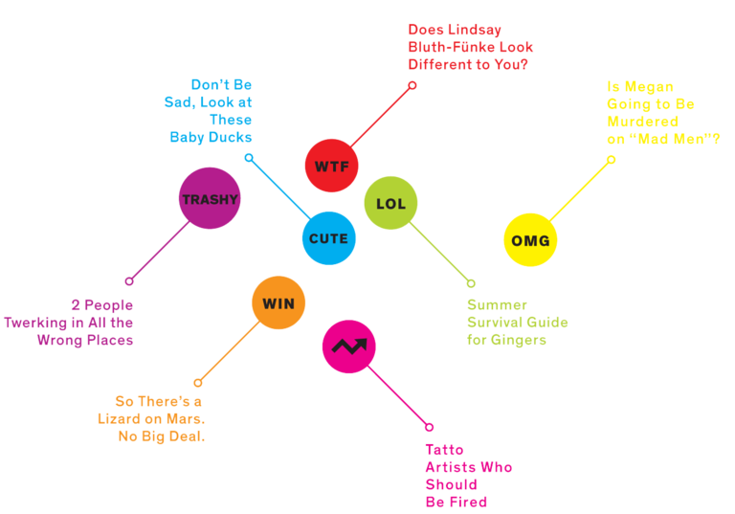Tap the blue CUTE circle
click(328, 238)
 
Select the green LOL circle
click(391, 203)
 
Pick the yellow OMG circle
click(530, 240)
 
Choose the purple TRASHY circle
click(209, 200)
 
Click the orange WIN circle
click(278, 303)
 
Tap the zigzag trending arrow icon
click(348, 346)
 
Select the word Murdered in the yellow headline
click(642, 123)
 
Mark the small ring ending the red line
click(412, 85)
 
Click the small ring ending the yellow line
click(611, 160)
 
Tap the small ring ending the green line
click(471, 283)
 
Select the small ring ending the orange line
click(198, 382)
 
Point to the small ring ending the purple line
click(129, 281)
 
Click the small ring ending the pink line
click(429, 427)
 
